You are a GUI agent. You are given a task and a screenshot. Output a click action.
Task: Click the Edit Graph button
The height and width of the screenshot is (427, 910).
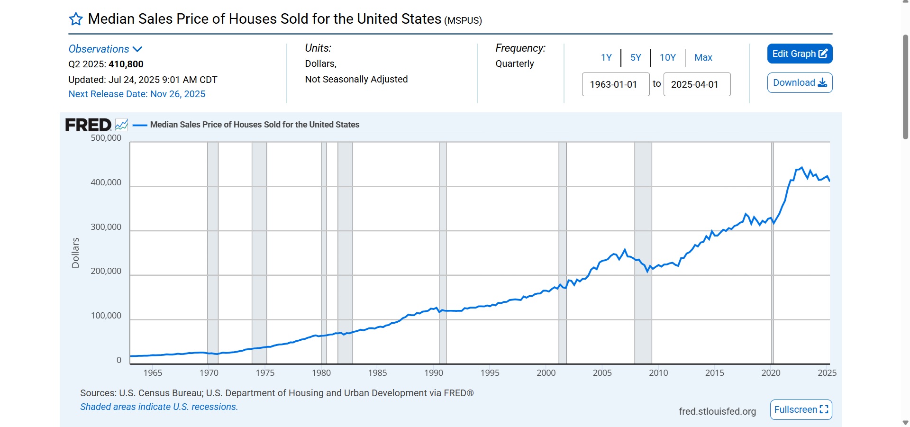(x=800, y=54)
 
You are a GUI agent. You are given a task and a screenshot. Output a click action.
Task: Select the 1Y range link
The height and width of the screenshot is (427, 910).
(x=606, y=57)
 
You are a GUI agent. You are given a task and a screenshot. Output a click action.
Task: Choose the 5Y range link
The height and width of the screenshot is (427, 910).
(x=636, y=57)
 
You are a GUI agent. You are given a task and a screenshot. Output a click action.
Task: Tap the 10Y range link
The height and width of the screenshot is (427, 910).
(x=667, y=57)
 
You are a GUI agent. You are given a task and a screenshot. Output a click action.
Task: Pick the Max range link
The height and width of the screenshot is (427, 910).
(x=703, y=57)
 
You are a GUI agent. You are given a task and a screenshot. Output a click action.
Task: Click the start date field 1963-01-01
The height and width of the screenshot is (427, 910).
(x=615, y=84)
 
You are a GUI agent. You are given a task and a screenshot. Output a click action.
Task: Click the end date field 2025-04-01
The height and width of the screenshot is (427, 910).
(x=696, y=84)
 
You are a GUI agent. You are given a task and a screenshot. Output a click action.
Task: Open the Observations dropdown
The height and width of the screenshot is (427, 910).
(x=105, y=49)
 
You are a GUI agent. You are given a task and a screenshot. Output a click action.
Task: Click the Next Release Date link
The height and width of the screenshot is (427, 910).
(x=136, y=94)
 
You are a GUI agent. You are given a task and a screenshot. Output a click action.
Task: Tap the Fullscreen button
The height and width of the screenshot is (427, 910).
(x=801, y=409)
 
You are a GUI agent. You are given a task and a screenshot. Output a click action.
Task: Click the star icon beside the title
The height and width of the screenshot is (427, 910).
(x=76, y=19)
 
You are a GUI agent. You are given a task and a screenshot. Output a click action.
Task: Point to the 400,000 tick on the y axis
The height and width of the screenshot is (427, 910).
(x=106, y=182)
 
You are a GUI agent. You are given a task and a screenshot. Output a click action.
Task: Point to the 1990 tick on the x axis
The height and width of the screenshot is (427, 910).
(x=434, y=372)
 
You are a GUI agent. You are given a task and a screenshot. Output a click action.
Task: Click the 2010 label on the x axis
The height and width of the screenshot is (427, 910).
(x=658, y=372)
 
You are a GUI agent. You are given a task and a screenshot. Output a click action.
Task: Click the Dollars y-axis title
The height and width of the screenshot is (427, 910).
(x=75, y=253)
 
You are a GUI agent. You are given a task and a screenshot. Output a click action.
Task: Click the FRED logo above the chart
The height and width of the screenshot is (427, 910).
(x=88, y=125)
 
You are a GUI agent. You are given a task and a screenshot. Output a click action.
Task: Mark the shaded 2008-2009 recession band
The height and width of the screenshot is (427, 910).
(x=643, y=251)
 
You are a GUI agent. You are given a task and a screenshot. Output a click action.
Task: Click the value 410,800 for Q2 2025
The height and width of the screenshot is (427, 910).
(x=126, y=64)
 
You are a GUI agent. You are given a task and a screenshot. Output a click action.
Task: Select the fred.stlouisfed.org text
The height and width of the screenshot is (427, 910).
(x=717, y=411)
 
